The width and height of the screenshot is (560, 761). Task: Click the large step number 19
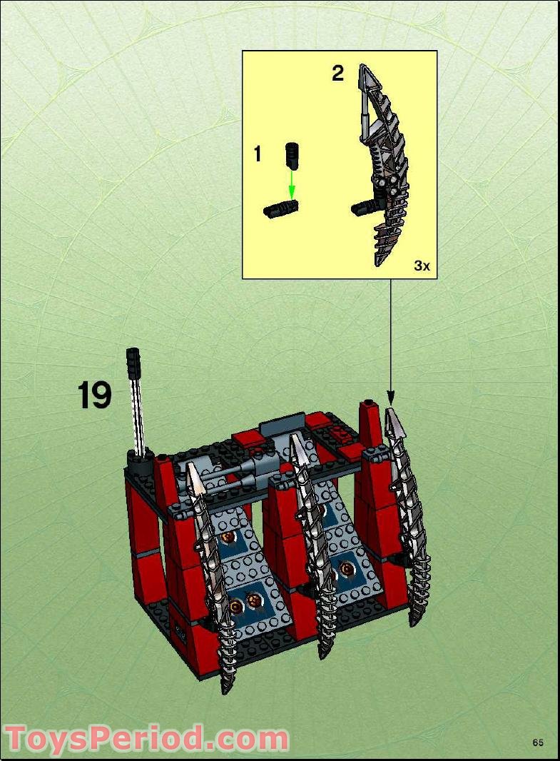[95, 395]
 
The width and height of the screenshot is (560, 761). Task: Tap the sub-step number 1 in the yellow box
[258, 153]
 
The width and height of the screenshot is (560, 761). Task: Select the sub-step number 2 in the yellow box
[337, 73]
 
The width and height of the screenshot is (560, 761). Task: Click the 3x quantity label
[422, 266]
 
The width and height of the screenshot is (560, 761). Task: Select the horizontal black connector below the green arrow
[281, 208]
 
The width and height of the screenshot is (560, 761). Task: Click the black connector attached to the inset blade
[363, 208]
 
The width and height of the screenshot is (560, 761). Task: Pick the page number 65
[537, 742]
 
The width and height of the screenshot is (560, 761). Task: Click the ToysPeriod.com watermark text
[146, 738]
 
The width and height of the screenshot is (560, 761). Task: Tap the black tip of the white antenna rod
[133, 364]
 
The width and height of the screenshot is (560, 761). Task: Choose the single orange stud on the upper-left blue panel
[228, 537]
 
